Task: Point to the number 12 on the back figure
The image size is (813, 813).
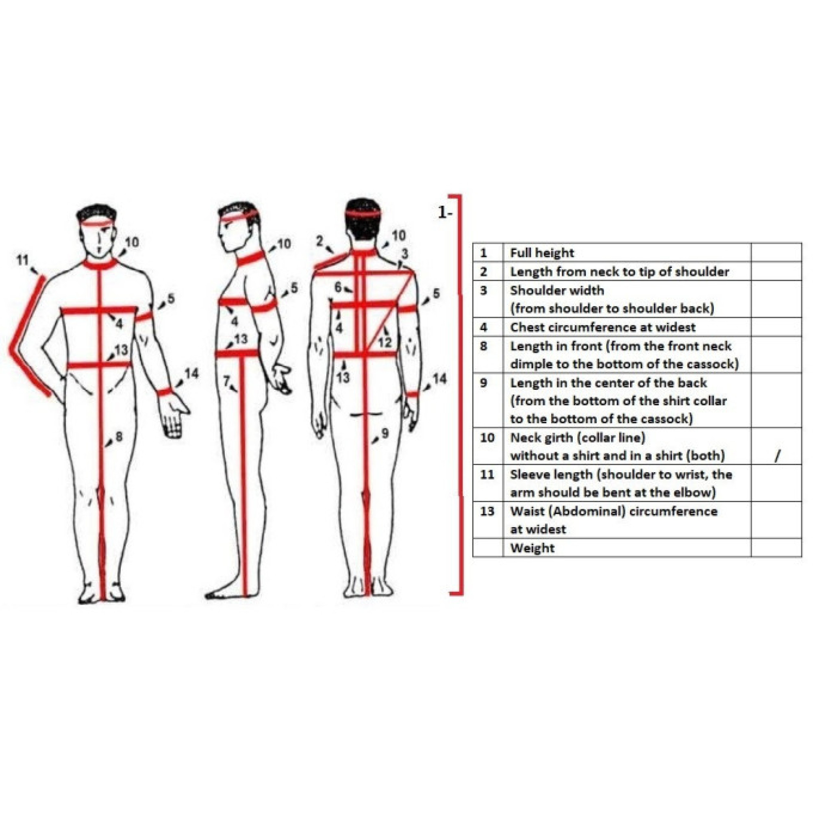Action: tap(385, 343)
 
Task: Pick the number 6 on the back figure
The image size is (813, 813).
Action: tap(338, 287)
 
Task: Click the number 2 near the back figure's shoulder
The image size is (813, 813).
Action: tap(320, 241)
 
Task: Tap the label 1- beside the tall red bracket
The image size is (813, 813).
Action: tap(445, 213)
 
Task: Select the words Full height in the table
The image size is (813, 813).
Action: tap(542, 253)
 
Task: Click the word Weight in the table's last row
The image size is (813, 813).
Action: tap(533, 548)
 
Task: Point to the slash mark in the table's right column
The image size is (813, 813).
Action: tap(777, 455)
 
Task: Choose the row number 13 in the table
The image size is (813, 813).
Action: tap(487, 511)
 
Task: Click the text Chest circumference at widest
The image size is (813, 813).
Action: tap(603, 327)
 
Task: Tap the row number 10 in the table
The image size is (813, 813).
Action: tap(487, 438)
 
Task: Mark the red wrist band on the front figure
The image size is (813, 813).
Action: tap(165, 391)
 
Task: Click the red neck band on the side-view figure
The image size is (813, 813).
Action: tap(251, 258)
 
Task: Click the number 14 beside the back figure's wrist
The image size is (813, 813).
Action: tap(439, 379)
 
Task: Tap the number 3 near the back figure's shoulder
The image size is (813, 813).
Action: tap(404, 254)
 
